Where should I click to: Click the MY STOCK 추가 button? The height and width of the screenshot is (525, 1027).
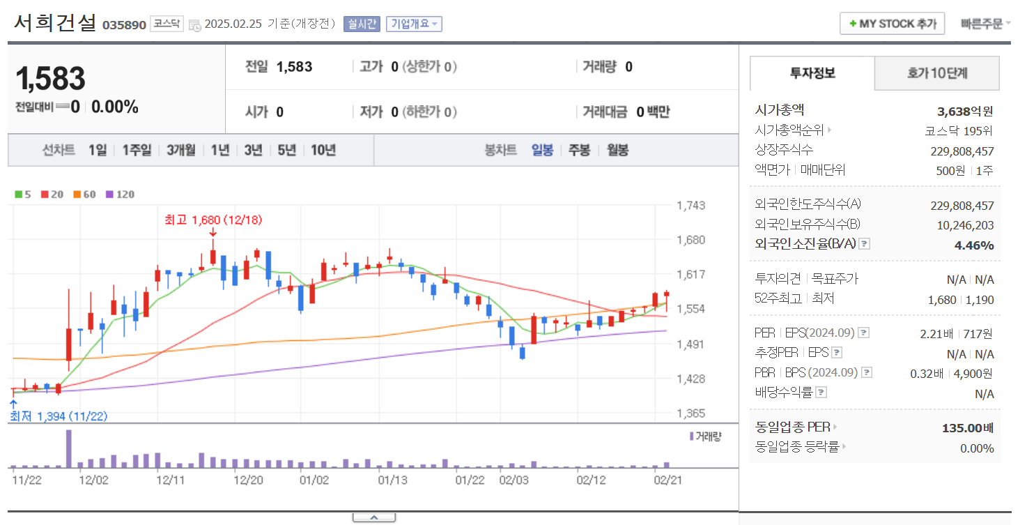pyautogui.click(x=892, y=24)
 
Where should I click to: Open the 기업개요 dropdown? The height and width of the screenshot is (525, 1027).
pyautogui.click(x=414, y=24)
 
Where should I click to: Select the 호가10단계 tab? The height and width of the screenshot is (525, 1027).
pyautogui.click(x=936, y=73)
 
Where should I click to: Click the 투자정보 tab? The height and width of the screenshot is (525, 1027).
pyautogui.click(x=812, y=73)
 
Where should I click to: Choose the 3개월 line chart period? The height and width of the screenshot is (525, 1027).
pyautogui.click(x=180, y=150)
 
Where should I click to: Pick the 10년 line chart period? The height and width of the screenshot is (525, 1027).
pyautogui.click(x=323, y=150)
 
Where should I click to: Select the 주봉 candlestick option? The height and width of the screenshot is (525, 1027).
pyautogui.click(x=579, y=150)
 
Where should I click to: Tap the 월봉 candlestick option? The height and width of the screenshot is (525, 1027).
pyautogui.click(x=617, y=150)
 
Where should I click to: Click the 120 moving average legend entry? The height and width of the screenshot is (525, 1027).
pyautogui.click(x=120, y=195)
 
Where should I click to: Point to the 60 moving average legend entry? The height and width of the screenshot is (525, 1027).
pyautogui.click(x=84, y=195)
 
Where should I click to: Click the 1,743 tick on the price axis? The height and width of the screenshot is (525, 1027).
pyautogui.click(x=691, y=206)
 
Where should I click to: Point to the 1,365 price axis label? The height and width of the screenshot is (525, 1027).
pyautogui.click(x=691, y=413)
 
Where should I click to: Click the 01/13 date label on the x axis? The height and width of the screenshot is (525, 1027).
pyautogui.click(x=392, y=480)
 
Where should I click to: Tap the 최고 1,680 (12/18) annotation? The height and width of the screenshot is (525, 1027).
pyautogui.click(x=213, y=220)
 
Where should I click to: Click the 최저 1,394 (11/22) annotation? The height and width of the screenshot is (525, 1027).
pyautogui.click(x=59, y=416)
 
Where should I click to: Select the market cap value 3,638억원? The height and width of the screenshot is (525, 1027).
pyautogui.click(x=965, y=111)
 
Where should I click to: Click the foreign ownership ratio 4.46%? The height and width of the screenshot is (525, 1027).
pyautogui.click(x=973, y=245)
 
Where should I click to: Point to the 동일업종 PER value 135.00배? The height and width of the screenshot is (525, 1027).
pyautogui.click(x=967, y=427)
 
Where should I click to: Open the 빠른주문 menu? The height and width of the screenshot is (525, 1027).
pyautogui.click(x=984, y=24)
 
